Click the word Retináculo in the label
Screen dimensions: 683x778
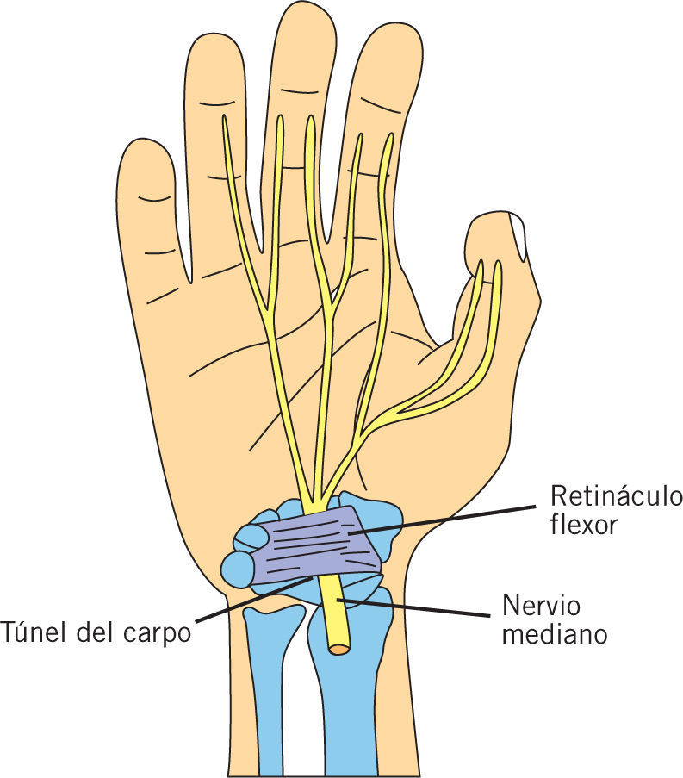click(616, 498)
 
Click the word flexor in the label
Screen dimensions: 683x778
click(584, 526)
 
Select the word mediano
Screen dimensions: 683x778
click(555, 635)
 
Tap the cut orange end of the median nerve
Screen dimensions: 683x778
click(338, 647)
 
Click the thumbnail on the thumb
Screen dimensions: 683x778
click(518, 234)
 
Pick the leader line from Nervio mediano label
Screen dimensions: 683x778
click(413, 608)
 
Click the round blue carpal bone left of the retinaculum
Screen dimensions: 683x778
click(235, 569)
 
